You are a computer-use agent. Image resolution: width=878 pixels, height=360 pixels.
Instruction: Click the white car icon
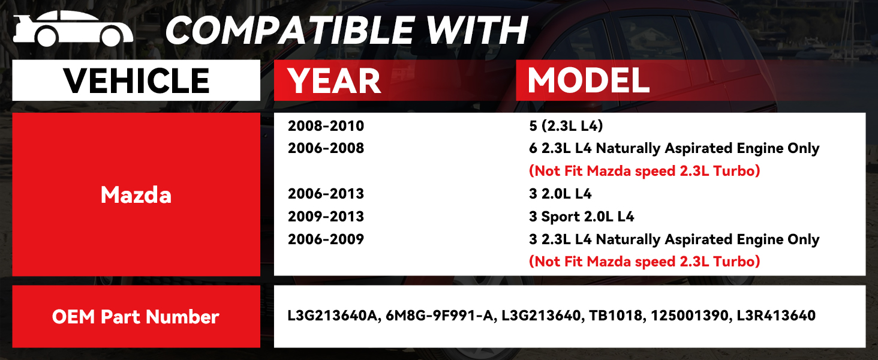click(73, 28)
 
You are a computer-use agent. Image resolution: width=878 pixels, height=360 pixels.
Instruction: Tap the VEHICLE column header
click(136, 80)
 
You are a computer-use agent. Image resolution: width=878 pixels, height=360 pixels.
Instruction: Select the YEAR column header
click(334, 81)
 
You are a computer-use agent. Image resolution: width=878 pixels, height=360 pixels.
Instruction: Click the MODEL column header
click(588, 80)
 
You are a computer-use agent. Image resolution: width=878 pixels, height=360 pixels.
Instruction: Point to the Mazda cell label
click(136, 194)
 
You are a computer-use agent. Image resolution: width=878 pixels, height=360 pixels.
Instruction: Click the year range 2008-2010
click(326, 126)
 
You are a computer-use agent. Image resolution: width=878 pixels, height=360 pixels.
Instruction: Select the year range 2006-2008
click(326, 148)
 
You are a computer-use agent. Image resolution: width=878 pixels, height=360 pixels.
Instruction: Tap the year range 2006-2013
click(326, 194)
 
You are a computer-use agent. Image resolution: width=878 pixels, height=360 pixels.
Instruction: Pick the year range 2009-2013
click(326, 217)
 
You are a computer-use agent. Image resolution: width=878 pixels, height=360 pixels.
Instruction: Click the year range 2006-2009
click(326, 239)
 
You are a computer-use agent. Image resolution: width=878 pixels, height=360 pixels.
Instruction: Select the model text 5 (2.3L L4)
click(566, 126)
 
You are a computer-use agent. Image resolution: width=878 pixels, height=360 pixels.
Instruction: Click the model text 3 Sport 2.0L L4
click(581, 217)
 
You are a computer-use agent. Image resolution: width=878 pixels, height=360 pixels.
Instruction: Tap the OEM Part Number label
click(136, 317)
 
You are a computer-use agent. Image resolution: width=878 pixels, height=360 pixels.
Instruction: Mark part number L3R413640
click(776, 316)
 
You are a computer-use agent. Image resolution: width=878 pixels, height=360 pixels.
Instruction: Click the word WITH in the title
click(477, 30)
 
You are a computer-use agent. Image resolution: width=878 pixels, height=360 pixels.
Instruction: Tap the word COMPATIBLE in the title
click(290, 30)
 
